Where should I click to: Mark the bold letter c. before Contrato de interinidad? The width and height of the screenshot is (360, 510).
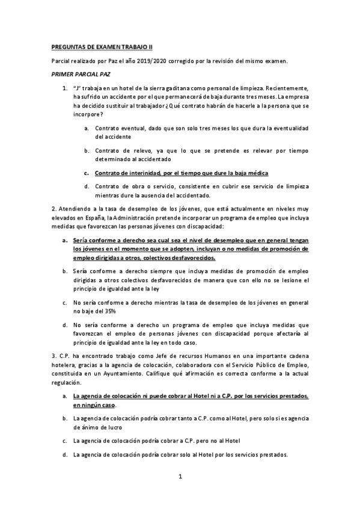87,173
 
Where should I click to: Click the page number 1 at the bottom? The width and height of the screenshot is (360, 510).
180,477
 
